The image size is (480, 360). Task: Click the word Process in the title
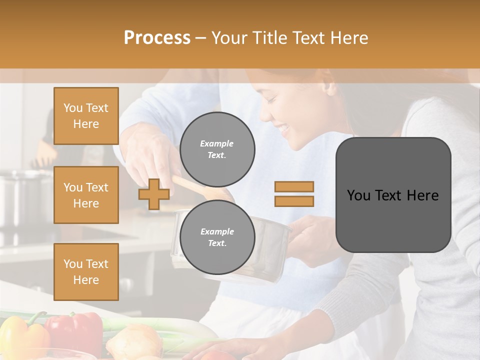(157, 38)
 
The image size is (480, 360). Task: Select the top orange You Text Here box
(86, 116)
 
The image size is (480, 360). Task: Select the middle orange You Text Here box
(86, 195)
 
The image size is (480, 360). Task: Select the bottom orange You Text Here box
(86, 271)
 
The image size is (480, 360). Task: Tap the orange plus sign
(153, 194)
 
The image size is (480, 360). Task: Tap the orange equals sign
(294, 194)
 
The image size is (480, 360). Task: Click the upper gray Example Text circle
(217, 149)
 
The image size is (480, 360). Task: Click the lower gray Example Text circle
(217, 237)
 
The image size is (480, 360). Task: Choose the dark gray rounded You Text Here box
(393, 195)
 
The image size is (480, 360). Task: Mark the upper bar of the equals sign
(294, 187)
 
